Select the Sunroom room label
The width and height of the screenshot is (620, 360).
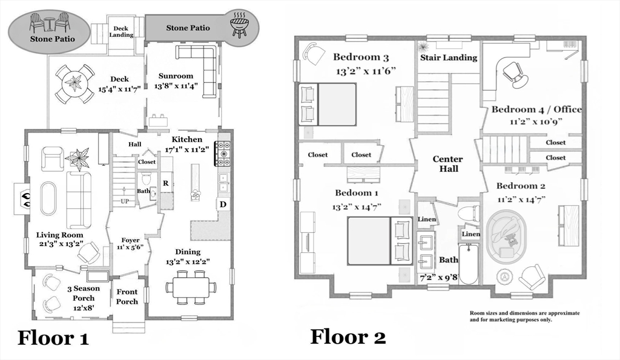[176, 76]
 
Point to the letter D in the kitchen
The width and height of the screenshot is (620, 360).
[223, 205]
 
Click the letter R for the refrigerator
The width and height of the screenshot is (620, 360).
[165, 183]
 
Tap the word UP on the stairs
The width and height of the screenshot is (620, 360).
[125, 201]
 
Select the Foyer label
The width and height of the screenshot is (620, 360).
[131, 241]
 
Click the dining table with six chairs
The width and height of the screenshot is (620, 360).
[191, 286]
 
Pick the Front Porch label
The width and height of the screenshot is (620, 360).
[127, 297]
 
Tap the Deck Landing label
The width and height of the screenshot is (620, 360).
[122, 31]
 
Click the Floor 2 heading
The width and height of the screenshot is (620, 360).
[348, 336]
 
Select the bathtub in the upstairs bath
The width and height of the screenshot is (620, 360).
[469, 264]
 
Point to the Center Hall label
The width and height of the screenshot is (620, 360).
[447, 164]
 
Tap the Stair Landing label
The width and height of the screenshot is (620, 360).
[449, 57]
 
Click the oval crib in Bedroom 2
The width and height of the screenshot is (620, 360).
[507, 236]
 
